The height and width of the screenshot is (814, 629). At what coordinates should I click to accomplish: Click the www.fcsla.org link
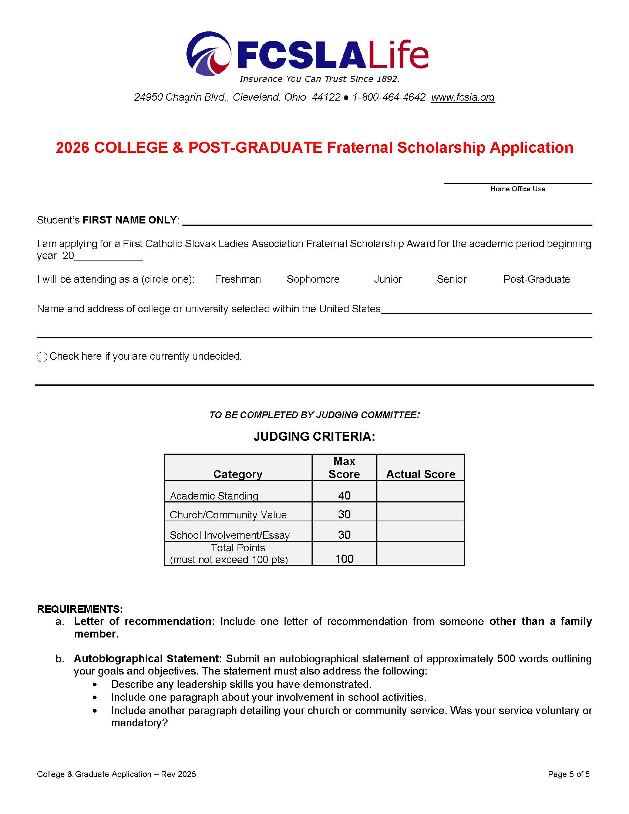[463, 97]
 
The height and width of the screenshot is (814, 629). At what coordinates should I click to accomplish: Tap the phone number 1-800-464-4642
[388, 97]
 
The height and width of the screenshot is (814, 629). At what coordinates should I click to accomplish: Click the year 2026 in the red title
[72, 148]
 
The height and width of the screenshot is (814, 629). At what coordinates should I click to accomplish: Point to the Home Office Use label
[517, 189]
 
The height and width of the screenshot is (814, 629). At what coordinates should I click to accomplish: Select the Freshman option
[238, 279]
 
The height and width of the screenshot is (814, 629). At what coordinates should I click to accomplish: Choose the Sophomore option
[313, 279]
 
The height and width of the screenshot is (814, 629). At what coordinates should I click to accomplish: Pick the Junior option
[387, 279]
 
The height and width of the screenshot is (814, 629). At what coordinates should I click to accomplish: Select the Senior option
[451, 279]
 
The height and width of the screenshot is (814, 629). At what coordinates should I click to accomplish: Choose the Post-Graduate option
[536, 279]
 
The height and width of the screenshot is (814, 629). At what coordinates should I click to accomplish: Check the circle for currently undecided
[42, 357]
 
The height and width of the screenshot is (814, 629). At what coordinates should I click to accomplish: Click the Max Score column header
[344, 468]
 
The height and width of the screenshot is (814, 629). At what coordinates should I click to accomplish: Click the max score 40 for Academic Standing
[344, 495]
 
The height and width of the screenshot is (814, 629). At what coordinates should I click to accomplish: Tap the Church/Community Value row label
[228, 515]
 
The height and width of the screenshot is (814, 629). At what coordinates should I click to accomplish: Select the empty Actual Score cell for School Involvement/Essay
[420, 531]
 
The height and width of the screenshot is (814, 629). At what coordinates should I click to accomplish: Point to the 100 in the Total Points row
[344, 559]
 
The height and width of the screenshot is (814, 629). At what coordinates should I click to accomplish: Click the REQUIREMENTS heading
[80, 609]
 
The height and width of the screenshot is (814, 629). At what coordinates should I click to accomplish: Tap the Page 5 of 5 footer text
[569, 774]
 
